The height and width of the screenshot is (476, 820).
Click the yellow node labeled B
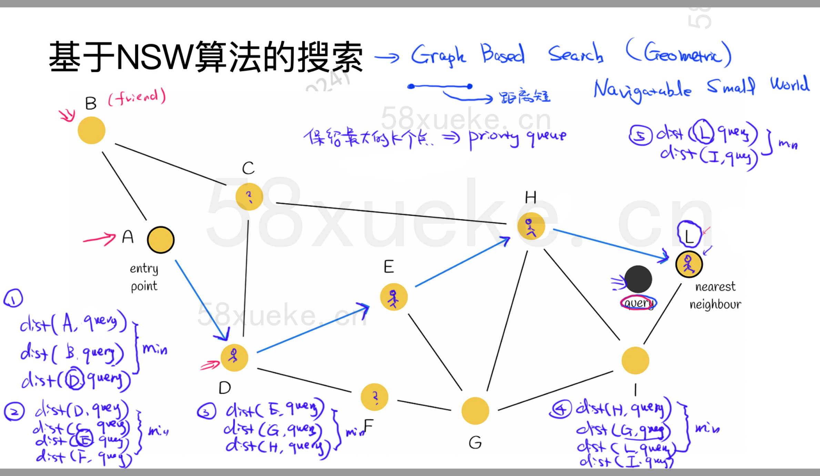[91, 130]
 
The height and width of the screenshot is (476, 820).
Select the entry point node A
[161, 240]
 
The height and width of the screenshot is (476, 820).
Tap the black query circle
[638, 279]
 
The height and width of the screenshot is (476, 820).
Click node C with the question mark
[249, 197]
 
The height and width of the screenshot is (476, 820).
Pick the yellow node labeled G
[475, 411]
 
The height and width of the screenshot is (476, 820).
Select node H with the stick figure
[531, 226]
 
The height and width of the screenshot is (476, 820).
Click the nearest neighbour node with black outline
[689, 264]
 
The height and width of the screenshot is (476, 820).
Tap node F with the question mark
[374, 397]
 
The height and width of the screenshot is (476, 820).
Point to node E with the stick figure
[394, 297]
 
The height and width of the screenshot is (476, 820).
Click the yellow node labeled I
[635, 360]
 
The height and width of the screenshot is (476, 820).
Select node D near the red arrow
[234, 358]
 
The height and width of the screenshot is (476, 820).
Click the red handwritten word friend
[137, 97]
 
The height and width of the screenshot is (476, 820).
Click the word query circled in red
[638, 303]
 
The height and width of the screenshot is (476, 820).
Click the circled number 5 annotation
[640, 135]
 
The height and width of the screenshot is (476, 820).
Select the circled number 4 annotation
[560, 409]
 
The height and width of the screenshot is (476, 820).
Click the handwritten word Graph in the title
[438, 55]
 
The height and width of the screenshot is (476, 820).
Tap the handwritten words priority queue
[517, 137]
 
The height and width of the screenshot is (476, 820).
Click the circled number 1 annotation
[13, 298]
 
